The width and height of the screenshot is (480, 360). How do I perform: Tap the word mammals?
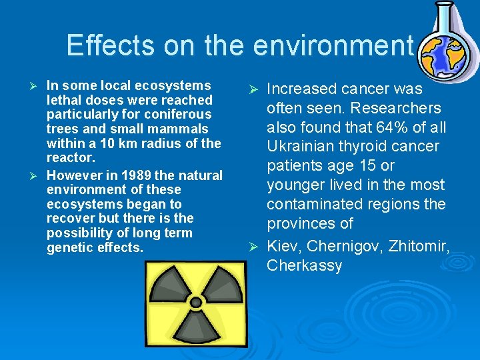pos(180,129)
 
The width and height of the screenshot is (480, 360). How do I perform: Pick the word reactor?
pos(71,157)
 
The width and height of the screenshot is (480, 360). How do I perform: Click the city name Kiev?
pos(283,247)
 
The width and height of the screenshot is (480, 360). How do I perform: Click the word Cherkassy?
pos(304,265)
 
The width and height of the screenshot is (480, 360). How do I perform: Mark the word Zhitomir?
pos(421,247)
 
